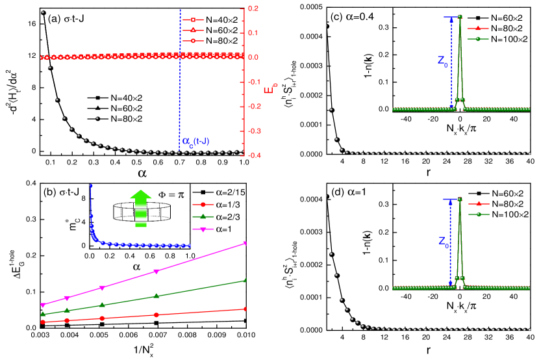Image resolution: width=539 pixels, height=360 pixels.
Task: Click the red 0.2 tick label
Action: (253, 8)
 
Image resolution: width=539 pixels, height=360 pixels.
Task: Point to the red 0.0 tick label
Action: (253, 57)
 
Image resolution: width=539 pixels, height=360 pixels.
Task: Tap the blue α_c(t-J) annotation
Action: (195, 141)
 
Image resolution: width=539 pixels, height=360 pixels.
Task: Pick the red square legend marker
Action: (193, 20)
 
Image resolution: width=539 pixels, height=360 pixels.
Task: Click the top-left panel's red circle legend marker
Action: (193, 41)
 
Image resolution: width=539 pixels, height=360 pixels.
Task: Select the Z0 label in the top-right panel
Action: (442, 62)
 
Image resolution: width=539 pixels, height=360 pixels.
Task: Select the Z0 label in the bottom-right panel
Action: (442, 242)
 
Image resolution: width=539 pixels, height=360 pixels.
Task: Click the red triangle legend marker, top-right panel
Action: (478, 29)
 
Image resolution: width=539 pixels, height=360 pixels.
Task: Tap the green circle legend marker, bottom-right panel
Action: (479, 214)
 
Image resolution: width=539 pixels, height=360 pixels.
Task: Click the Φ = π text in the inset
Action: (171, 194)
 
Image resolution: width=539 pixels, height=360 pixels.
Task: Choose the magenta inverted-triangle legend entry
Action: (203, 229)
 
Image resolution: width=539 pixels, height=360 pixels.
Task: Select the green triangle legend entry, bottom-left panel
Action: (203, 216)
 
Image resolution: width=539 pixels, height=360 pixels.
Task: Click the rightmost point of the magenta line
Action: (245, 244)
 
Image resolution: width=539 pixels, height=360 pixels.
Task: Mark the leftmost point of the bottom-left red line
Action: (43, 322)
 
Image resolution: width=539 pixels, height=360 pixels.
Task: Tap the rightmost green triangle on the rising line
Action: (245, 280)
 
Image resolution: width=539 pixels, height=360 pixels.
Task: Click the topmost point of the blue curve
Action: (91, 186)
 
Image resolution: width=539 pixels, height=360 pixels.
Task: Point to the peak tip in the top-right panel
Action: (460, 16)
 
